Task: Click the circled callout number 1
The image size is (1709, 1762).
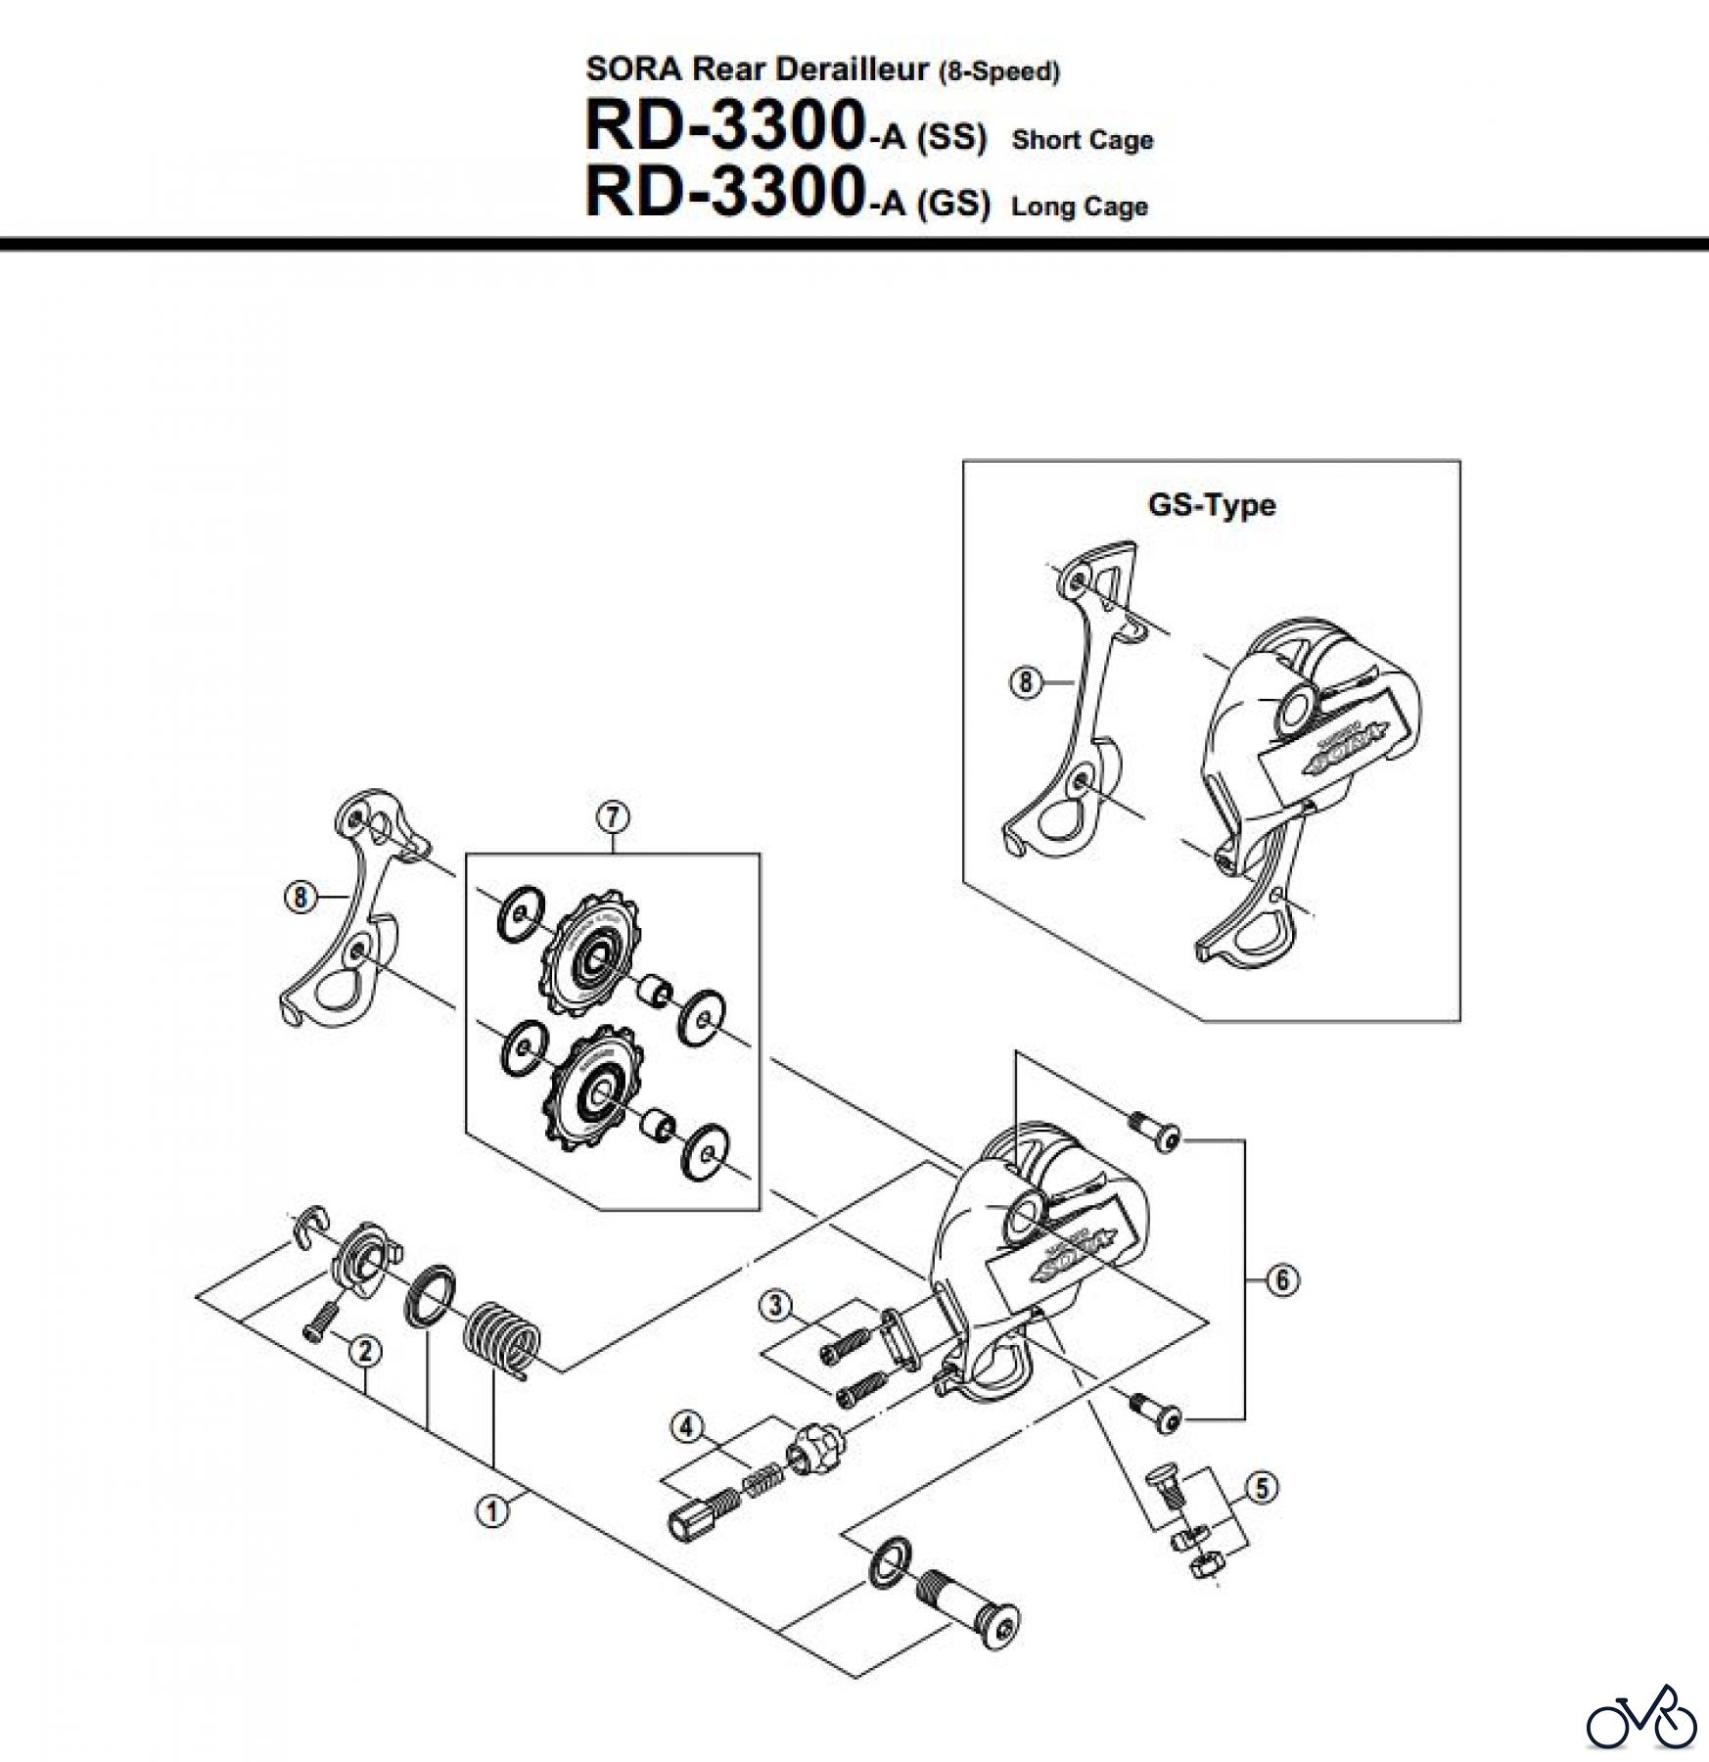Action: click(x=492, y=1512)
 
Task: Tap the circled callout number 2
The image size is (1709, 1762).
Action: click(x=364, y=1353)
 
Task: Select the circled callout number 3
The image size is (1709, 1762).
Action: click(x=776, y=1305)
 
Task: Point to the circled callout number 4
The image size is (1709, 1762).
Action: click(x=687, y=1427)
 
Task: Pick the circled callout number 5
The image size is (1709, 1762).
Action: click(x=1262, y=1489)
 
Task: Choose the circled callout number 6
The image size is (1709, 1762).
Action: click(x=1282, y=1279)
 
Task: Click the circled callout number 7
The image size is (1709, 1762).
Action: click(x=613, y=816)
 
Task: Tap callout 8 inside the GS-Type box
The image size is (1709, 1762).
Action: click(x=1025, y=681)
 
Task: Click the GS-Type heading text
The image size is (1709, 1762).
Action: click(x=1211, y=505)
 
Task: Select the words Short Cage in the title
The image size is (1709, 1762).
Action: click(x=1082, y=140)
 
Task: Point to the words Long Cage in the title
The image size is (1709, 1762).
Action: click(x=1079, y=207)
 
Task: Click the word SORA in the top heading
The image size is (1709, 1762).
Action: click(x=635, y=69)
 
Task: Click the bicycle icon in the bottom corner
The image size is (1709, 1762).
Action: click(x=1641, y=1715)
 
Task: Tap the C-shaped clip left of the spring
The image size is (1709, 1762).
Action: click(x=311, y=1225)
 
